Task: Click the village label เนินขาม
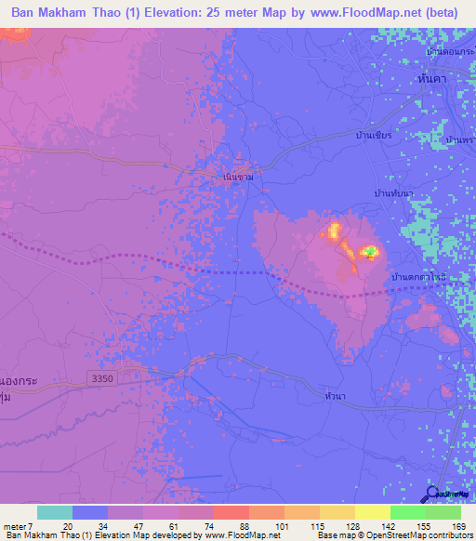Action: [239, 175]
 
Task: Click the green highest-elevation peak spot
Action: [370, 251]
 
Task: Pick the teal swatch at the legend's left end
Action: [54, 512]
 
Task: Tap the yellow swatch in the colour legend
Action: [372, 512]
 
